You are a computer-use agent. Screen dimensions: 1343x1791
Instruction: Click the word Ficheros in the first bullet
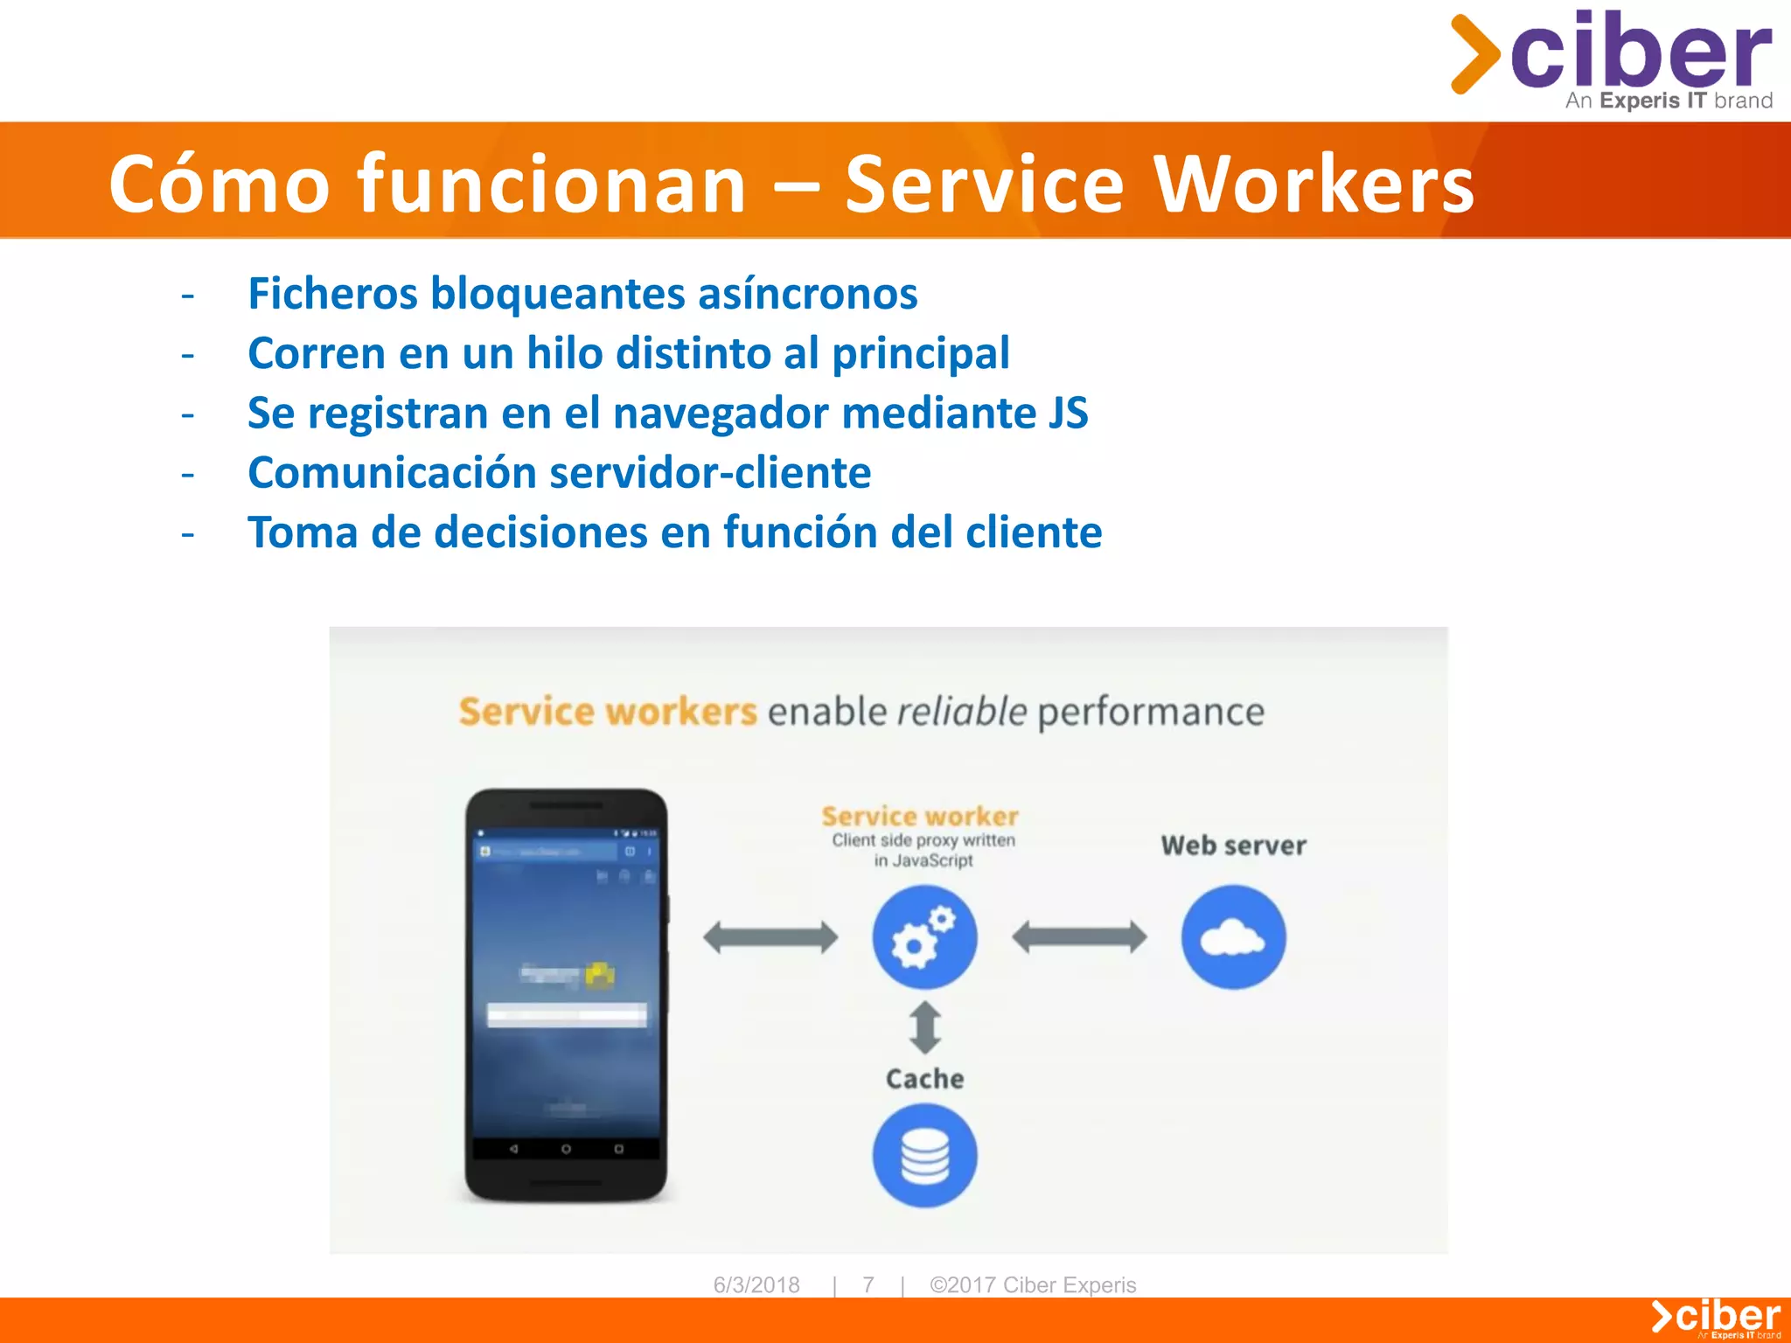332,293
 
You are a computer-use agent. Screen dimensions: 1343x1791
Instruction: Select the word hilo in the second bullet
564,353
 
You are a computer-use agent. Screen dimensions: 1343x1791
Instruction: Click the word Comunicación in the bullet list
392,473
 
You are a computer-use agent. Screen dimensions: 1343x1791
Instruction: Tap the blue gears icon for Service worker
924,937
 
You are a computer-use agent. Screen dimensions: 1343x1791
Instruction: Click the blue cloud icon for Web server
1233,937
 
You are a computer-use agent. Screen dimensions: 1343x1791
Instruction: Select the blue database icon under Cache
924,1155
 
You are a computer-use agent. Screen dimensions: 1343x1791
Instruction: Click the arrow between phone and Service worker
770,937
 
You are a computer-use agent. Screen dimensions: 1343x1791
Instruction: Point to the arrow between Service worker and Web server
1079,937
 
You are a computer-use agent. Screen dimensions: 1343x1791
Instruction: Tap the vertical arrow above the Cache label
925,1027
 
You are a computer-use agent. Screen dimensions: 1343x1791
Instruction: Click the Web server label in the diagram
1233,845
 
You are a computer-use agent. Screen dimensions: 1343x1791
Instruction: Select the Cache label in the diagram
924,1079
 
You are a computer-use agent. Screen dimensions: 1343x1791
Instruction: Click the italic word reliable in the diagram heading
961,712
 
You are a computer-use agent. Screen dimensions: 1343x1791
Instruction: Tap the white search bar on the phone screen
567,1015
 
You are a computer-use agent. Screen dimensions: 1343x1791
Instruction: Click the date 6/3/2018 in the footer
756,1284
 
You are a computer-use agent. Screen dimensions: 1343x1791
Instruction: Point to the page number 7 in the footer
868,1284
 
